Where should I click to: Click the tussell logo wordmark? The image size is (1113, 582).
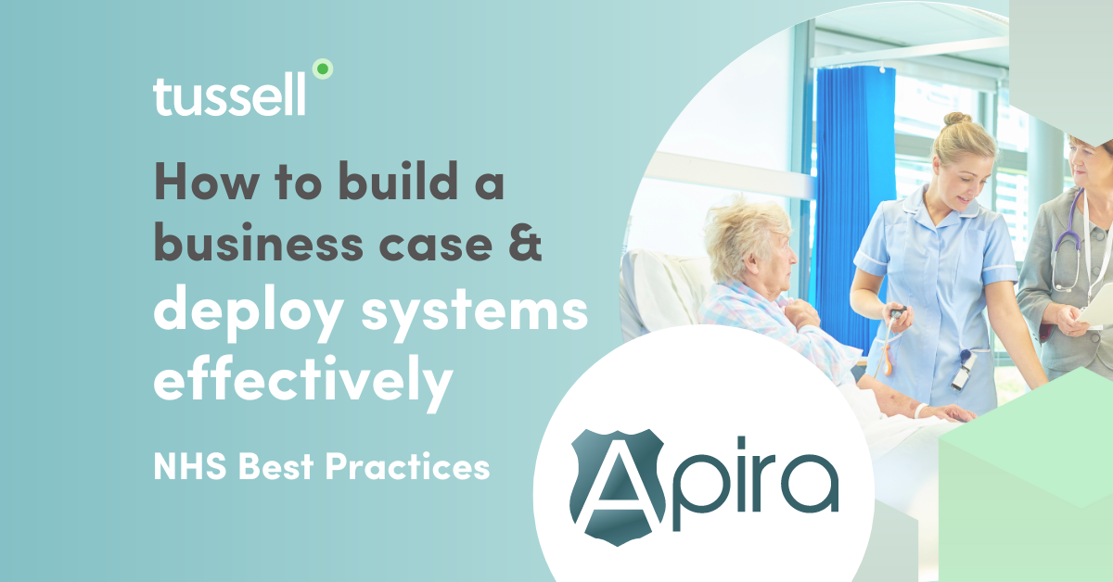click(x=229, y=96)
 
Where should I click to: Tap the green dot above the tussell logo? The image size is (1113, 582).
click(x=322, y=69)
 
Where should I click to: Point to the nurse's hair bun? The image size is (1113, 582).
click(x=956, y=120)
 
